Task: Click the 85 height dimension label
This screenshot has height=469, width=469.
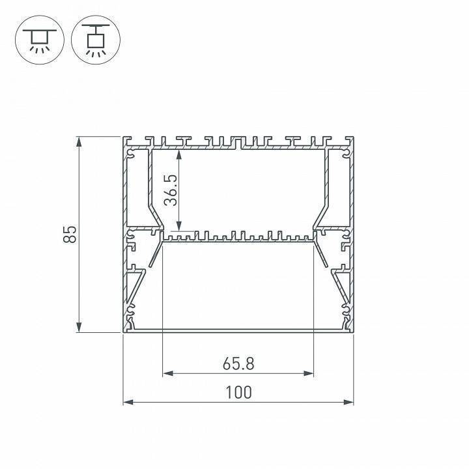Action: [x=70, y=234]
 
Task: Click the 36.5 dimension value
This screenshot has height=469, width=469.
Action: [x=171, y=190]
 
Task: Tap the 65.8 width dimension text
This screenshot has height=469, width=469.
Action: [x=238, y=364]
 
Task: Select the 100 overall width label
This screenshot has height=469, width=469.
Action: [x=238, y=392]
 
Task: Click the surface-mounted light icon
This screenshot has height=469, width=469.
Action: [x=40, y=40]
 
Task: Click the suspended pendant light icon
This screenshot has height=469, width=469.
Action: [x=96, y=40]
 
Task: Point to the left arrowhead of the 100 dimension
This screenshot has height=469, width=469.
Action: [x=128, y=403]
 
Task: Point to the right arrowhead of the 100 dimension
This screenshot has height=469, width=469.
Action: [x=348, y=403]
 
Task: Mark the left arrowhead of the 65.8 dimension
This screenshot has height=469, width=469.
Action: [x=168, y=373]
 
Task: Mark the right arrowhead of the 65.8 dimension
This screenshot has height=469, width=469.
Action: [x=308, y=373]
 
